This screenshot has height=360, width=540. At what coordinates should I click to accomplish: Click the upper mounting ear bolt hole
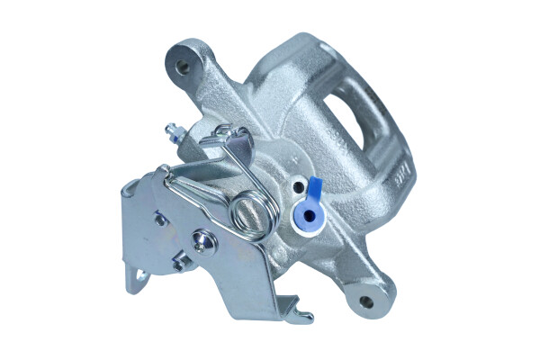pyautogui.click(x=185, y=66)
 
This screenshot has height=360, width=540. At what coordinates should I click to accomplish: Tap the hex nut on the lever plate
pyautogui.click(x=202, y=240)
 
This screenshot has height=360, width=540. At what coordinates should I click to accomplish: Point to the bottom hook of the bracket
pyautogui.click(x=301, y=316)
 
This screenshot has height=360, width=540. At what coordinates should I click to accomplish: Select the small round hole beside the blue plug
pyautogui.click(x=298, y=186)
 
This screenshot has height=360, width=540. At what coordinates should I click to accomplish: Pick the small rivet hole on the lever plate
pyautogui.click(x=160, y=217)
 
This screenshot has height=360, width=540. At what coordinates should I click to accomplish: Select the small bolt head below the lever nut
pyautogui.click(x=181, y=263)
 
